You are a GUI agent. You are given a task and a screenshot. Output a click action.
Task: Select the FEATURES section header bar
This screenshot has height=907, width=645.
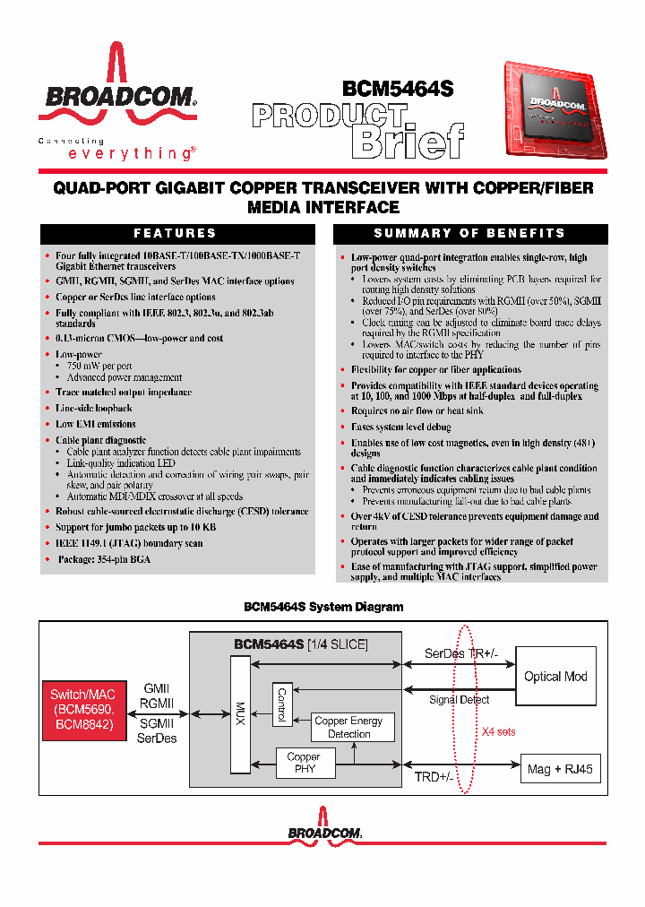point(176,234)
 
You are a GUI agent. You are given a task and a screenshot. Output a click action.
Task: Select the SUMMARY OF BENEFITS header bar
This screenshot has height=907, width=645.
point(469,234)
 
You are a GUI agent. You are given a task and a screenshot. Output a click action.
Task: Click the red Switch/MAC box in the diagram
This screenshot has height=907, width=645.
point(82,709)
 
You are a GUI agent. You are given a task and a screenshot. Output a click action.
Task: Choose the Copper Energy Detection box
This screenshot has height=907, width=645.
point(348,727)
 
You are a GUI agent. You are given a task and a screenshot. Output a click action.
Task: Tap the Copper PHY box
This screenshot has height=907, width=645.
point(304,763)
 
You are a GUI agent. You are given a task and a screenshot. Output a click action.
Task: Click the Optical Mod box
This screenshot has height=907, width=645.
point(555,677)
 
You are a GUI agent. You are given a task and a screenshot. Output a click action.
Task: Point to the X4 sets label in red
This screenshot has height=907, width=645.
point(500,731)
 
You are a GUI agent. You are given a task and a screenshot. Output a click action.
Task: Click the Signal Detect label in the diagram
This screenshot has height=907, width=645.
point(459,700)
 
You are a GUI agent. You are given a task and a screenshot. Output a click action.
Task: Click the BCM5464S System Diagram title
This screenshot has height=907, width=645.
point(323,607)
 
